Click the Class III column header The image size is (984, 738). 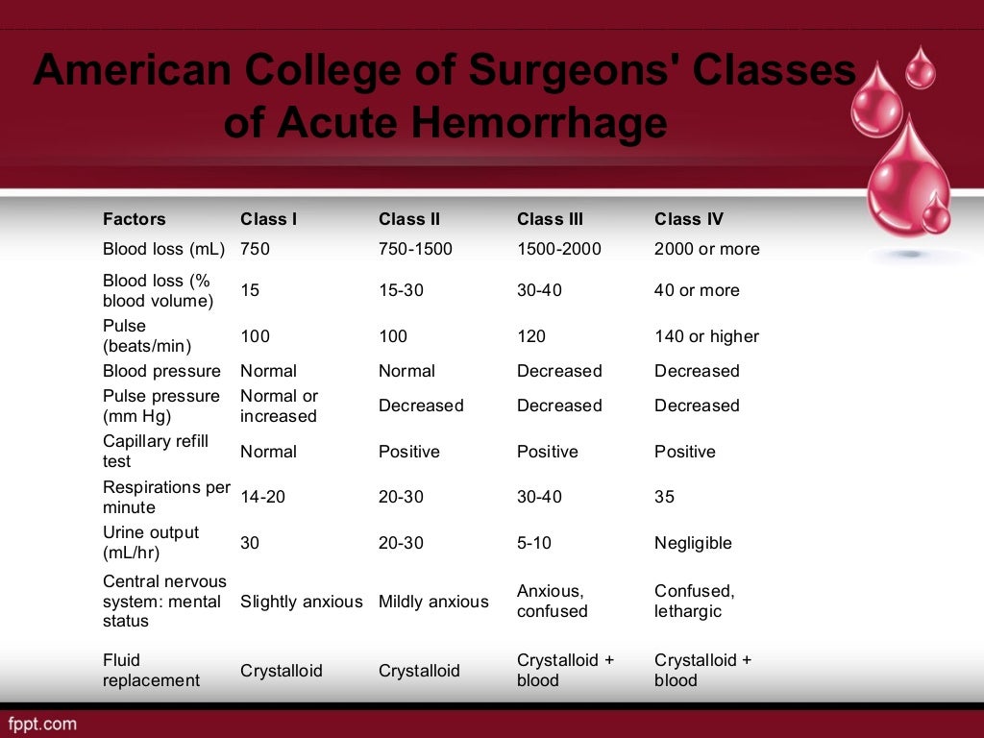550,219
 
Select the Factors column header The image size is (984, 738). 135,219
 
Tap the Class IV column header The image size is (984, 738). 689,219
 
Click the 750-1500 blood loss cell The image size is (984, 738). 415,249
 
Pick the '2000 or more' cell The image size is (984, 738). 706,249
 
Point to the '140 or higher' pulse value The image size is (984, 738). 706,336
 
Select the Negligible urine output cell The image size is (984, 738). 693,543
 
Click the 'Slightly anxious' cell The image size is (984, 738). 301,602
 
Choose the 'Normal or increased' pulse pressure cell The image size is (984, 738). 279,406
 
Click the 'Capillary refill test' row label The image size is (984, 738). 156,451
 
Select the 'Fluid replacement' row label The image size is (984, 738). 151,670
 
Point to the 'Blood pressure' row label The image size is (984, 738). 161,371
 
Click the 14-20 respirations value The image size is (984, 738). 262,497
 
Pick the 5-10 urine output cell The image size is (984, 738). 534,543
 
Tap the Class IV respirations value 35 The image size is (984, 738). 664,497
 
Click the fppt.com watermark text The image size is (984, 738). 42,723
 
